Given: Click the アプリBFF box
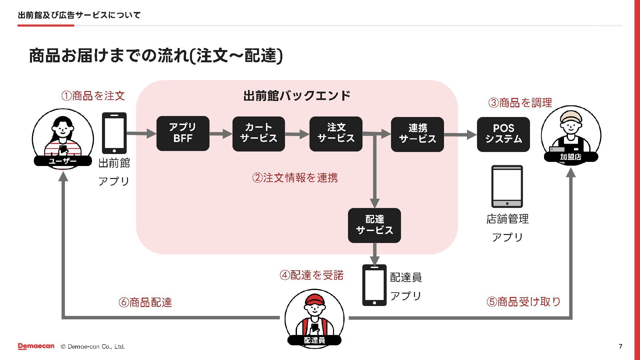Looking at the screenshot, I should [183, 133].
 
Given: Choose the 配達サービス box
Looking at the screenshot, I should [374, 225].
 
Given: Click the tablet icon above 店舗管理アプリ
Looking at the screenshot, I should [507, 186].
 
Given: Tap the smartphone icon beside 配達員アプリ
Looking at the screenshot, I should [374, 285].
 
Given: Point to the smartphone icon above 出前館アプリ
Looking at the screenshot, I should [114, 133].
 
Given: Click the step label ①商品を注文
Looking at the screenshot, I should [93, 96].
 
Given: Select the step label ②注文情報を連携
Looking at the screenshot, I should [295, 178].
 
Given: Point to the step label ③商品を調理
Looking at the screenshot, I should [520, 103].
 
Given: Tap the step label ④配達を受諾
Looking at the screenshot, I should [311, 275].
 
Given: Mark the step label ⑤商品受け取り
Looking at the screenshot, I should [523, 302].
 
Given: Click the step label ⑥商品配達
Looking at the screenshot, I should [145, 302].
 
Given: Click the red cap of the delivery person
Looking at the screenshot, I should [314, 299].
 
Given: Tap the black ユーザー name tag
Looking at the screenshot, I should [63, 161].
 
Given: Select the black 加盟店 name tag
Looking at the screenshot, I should [570, 157].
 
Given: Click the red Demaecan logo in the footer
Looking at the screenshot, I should [36, 346].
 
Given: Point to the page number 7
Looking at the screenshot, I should [620, 346].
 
